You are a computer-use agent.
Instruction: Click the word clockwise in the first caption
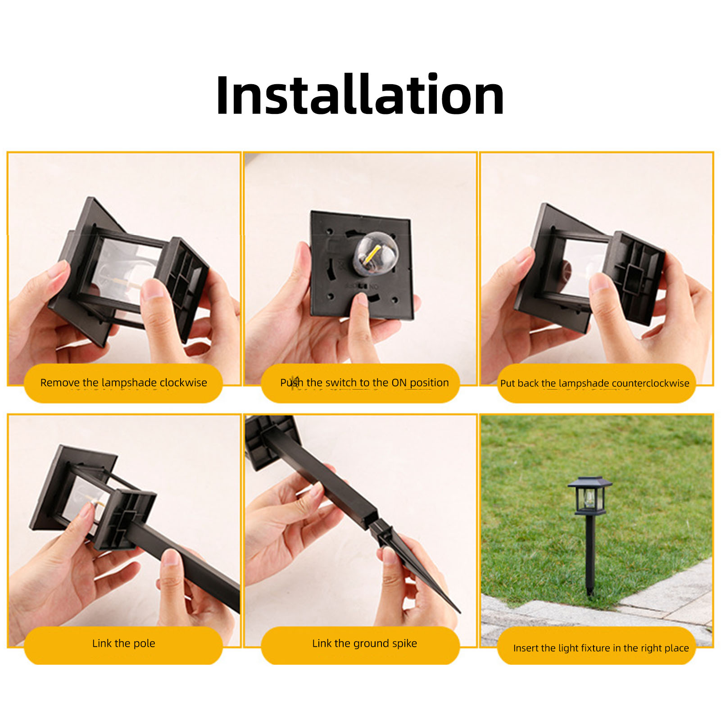183,382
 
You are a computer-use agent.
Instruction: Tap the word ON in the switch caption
399,383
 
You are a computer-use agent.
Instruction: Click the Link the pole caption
123,643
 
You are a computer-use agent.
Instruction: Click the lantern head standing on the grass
589,495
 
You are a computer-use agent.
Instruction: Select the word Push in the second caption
291,383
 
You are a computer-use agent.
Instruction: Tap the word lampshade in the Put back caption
584,383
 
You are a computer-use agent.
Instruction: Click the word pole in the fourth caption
144,644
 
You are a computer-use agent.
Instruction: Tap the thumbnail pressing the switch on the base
362,299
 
